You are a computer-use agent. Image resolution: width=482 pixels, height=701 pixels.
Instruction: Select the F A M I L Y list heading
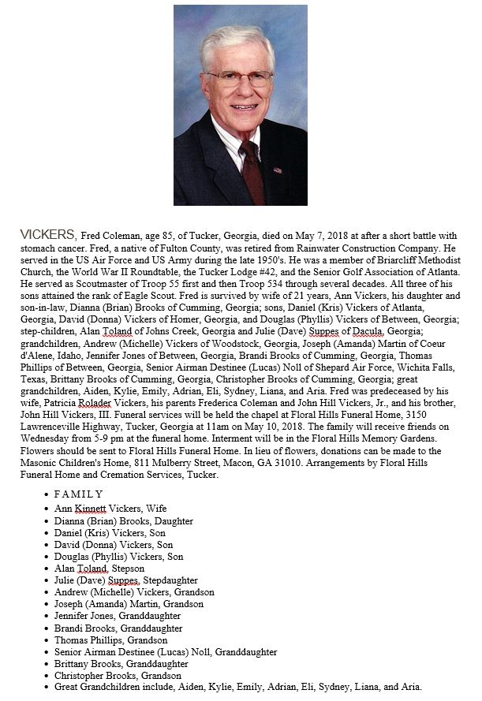pyautogui.click(x=78, y=494)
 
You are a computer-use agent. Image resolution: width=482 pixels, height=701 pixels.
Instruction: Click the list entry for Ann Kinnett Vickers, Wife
pyautogui.click(x=110, y=509)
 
